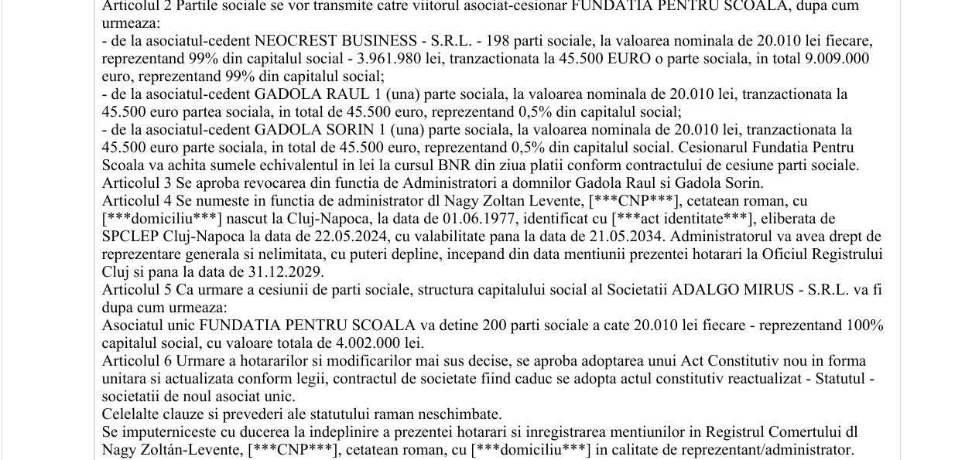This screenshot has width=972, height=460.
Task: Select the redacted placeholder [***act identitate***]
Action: pos(681,219)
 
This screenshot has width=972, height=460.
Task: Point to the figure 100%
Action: pos(864,325)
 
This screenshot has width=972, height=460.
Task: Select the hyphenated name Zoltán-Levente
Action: pos(194,450)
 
